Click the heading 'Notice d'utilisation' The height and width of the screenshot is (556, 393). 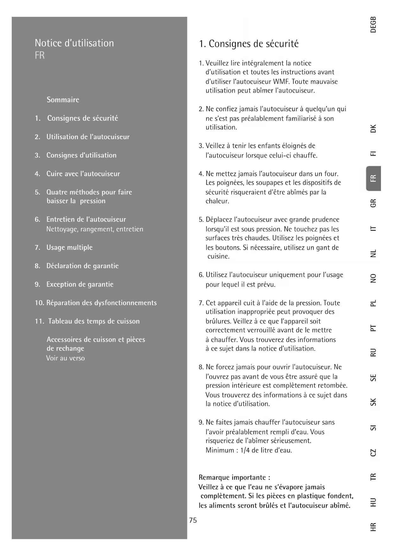74,43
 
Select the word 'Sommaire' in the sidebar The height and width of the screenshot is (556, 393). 63,100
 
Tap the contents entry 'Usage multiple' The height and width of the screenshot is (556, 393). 69,248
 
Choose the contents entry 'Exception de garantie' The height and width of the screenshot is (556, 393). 80,284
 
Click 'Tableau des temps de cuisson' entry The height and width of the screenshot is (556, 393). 94,321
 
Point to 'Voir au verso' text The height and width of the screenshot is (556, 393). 66,359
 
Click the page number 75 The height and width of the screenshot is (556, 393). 193,520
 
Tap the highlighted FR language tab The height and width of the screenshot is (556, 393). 373,178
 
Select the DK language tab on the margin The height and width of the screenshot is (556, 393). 373,129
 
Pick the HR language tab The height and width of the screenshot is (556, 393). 373,527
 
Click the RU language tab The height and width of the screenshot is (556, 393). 373,352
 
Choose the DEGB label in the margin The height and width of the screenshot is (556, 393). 373,24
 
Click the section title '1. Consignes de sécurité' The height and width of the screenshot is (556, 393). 249,44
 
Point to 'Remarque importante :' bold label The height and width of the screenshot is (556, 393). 234,477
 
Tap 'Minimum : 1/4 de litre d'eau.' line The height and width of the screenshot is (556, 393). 249,450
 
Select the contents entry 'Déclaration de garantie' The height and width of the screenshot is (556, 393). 82,266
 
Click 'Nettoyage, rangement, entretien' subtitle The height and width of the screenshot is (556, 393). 95,229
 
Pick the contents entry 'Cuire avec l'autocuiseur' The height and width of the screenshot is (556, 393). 83,174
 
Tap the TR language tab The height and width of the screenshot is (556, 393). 373,476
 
